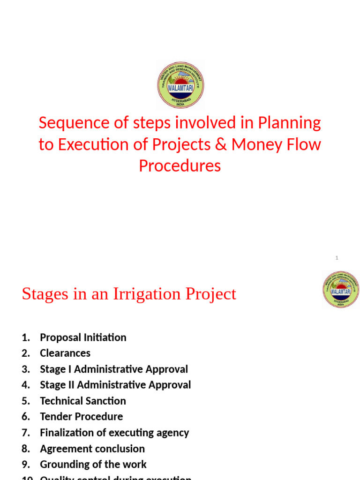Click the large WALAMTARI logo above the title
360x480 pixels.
point(180,85)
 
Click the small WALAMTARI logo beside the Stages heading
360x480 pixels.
point(341,290)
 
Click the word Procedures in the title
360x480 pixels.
point(180,166)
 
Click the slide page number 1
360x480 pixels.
point(337,258)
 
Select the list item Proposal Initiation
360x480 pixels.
point(83,337)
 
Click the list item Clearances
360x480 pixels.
point(65,353)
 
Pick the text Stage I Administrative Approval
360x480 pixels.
point(114,369)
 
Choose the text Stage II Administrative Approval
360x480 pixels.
point(115,385)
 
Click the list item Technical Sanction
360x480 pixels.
point(83,401)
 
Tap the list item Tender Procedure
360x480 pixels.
point(82,417)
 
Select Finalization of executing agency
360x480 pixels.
point(114,433)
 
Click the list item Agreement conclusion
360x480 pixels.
point(92,449)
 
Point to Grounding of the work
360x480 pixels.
point(93,465)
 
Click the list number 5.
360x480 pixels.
point(25,401)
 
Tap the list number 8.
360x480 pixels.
point(25,449)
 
